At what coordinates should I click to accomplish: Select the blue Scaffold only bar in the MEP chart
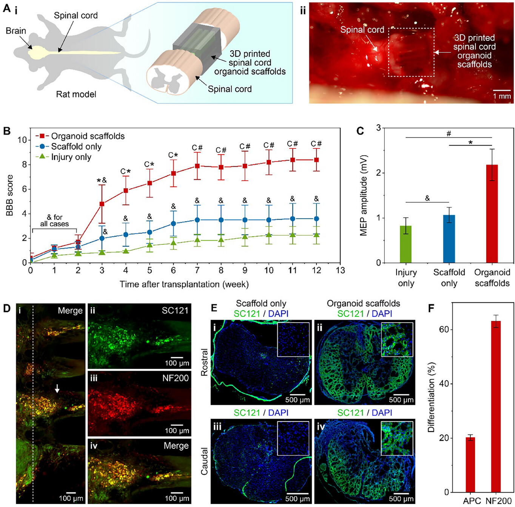click(x=449, y=239)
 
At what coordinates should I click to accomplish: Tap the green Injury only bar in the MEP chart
click(x=406, y=244)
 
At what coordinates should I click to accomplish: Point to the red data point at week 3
click(x=102, y=204)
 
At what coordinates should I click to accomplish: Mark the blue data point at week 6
click(x=173, y=223)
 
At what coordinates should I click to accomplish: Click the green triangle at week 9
click(x=245, y=236)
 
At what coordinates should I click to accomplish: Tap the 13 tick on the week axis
click(x=340, y=271)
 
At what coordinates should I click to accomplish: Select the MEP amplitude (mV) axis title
click(x=364, y=195)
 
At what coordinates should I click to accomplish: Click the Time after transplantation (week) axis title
click(x=184, y=284)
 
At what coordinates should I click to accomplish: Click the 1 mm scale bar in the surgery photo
click(x=502, y=91)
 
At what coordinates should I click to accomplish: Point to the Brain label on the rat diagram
click(x=16, y=31)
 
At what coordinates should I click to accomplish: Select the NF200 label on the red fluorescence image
click(x=175, y=378)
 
